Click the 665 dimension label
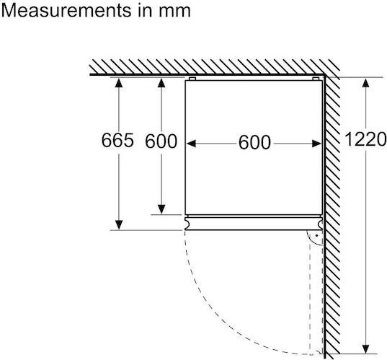click(117, 140)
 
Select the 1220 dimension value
click(365, 139)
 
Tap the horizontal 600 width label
click(254, 142)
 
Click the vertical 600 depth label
click(161, 141)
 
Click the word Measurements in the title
click(66, 10)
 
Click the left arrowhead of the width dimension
click(191, 144)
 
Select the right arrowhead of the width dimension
click(316, 144)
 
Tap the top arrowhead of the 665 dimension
click(119, 82)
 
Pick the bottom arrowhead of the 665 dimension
click(119, 225)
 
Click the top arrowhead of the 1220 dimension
click(365, 82)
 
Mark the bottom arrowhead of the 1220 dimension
click(365, 349)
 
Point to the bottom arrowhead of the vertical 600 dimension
click(161, 209)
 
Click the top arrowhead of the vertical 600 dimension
click(161, 82)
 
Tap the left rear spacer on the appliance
click(192, 79)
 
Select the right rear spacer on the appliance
click(316, 79)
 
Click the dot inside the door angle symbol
click(316, 235)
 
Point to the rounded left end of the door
click(188, 224)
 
